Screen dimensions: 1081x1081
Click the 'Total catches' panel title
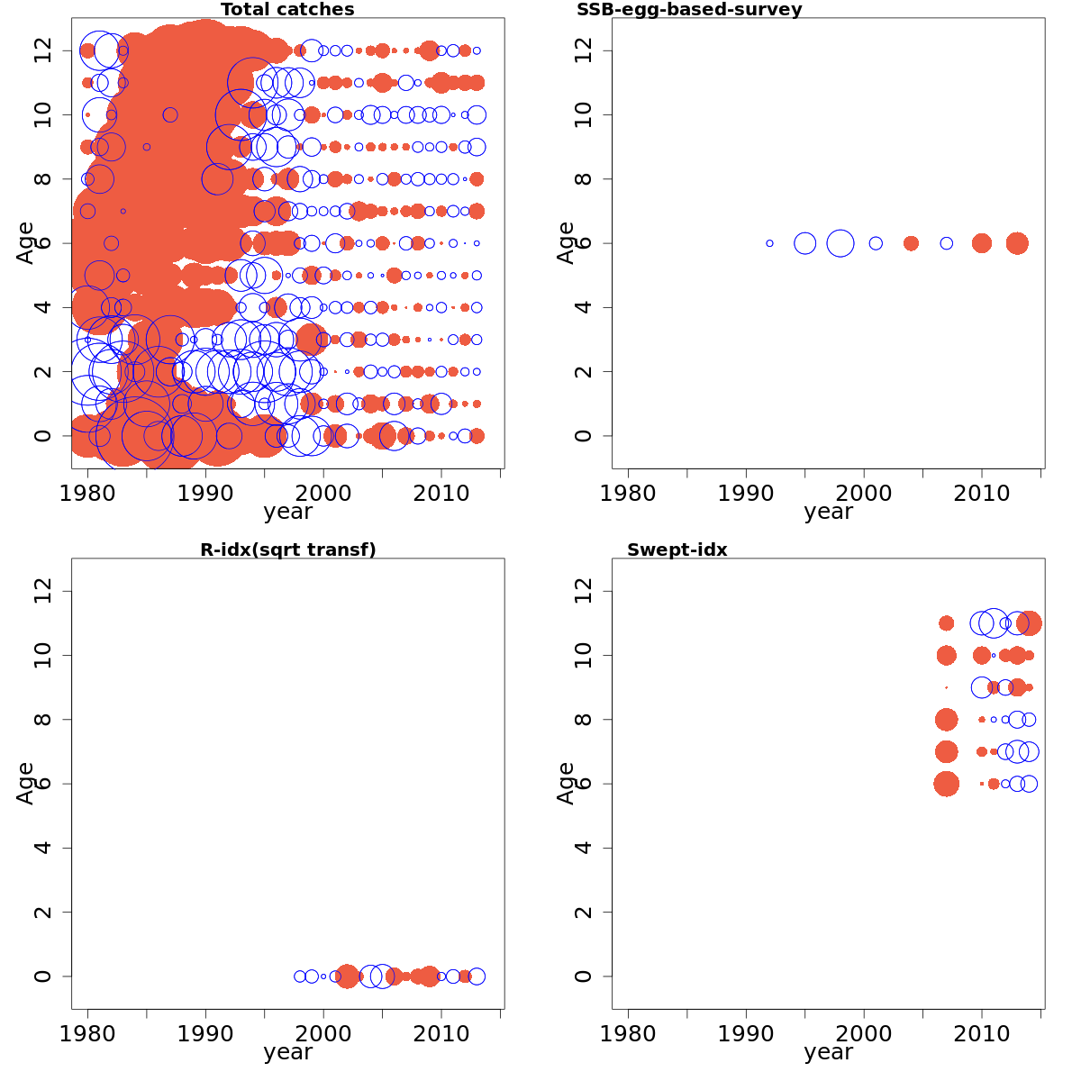pos(287,10)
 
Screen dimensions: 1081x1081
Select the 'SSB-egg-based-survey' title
pos(689,10)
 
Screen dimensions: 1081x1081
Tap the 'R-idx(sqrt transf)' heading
pos(287,550)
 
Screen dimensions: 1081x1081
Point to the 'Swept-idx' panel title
pos(677,550)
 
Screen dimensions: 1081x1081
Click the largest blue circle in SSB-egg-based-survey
pos(840,243)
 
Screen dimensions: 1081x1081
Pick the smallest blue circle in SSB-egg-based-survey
pos(769,243)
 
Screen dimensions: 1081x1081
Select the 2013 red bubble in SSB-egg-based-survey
pos(1017,243)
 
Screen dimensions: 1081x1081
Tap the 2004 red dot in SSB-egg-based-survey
pos(911,243)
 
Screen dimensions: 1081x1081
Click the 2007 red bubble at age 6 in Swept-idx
pos(946,784)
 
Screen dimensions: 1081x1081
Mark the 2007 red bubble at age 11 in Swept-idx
pos(946,623)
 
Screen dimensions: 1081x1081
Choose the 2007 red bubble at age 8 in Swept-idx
pos(946,720)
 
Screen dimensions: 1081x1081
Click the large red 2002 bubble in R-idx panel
pos(347,977)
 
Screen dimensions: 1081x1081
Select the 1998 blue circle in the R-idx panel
pos(300,977)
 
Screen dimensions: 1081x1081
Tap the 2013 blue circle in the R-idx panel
pos(477,977)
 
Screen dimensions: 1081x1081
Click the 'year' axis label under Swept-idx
pos(828,1052)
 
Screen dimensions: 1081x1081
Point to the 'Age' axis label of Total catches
pos(26,243)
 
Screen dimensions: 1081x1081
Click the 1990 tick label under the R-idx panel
pos(205,1033)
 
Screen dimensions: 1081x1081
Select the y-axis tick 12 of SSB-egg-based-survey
pos(583,50)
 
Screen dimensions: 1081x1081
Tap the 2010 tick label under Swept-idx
pos(982,1033)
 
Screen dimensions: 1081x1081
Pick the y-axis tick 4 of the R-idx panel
pos(42,848)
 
